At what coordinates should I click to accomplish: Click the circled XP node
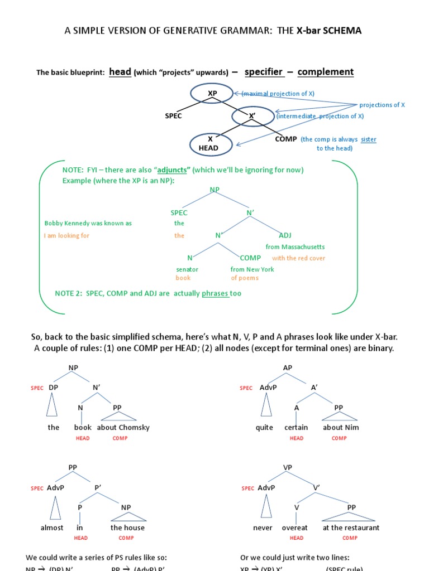[x=212, y=93]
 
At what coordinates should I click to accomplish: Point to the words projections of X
[x=382, y=105]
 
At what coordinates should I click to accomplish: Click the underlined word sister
[x=368, y=139]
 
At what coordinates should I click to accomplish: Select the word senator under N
[x=187, y=269]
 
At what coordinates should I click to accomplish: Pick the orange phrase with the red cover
[x=298, y=258]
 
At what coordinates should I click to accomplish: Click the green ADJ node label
[x=285, y=235]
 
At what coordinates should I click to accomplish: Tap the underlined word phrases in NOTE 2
[x=216, y=293]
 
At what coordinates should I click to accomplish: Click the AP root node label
[x=288, y=368]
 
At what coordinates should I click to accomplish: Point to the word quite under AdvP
[x=264, y=428]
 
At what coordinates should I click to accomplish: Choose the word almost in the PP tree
[x=52, y=528]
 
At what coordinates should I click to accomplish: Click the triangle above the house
[x=127, y=518]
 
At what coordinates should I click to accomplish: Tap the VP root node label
[x=288, y=468]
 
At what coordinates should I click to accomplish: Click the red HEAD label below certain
[x=297, y=438]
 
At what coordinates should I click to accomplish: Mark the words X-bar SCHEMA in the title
[x=329, y=31]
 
